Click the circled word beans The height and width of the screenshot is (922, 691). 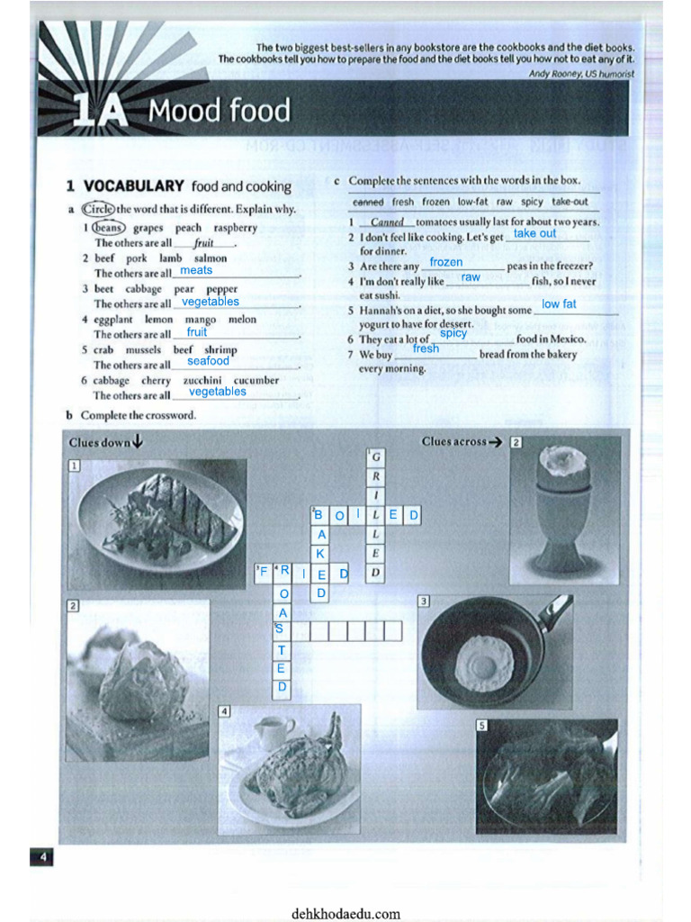[107, 228]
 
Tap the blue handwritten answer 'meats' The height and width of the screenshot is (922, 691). [196, 270]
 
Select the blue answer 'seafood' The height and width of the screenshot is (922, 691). [208, 361]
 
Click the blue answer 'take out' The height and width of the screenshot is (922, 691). [534, 234]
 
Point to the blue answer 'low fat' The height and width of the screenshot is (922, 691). [559, 304]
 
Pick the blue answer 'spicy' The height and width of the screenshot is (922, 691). [453, 333]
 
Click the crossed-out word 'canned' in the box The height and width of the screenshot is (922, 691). [368, 203]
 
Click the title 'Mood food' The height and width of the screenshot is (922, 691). [220, 112]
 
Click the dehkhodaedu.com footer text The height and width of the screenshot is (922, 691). [345, 913]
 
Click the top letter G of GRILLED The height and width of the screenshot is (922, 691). [376, 457]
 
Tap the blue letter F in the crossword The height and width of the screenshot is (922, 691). [264, 572]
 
